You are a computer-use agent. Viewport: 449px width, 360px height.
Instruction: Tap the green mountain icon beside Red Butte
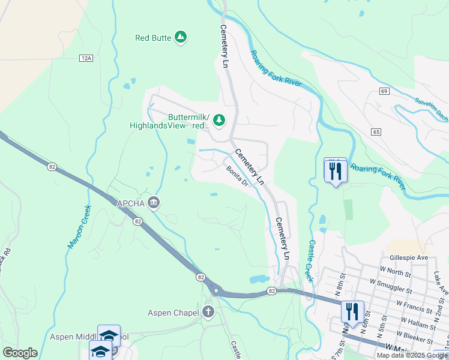pyautogui.click(x=181, y=37)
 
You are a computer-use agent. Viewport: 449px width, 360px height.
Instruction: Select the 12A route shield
pyautogui.click(x=86, y=58)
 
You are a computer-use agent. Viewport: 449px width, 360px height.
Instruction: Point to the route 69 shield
pyautogui.click(x=384, y=91)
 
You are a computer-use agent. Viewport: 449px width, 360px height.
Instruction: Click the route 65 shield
pyautogui.click(x=376, y=131)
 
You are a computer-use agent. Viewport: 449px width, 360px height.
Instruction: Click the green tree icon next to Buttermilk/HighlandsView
pyautogui.click(x=219, y=120)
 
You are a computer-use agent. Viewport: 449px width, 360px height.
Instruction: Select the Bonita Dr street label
pyautogui.click(x=237, y=176)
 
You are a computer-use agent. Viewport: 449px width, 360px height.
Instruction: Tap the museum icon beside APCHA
pyautogui.click(x=154, y=203)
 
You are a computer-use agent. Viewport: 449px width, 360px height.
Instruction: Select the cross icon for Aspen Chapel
pyautogui.click(x=208, y=312)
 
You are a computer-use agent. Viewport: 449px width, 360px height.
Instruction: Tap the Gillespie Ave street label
pyautogui.click(x=408, y=257)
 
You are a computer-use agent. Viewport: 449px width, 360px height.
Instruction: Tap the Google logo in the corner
pyautogui.click(x=20, y=352)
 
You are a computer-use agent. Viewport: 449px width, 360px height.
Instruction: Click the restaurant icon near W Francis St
pyautogui.click(x=352, y=311)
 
